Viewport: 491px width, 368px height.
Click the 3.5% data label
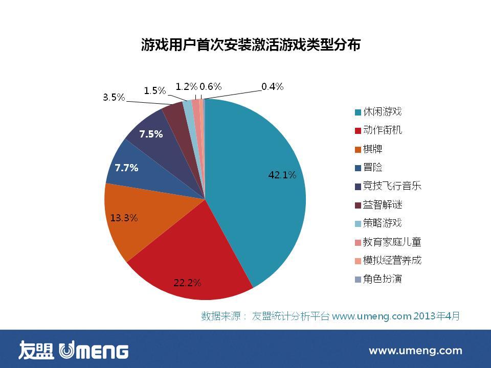(114, 97)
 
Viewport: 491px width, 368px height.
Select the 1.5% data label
(154, 91)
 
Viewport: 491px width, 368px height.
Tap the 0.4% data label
(272, 87)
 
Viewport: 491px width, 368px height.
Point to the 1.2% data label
(186, 87)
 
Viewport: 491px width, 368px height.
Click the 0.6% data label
(210, 87)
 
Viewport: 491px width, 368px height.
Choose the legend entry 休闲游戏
(382, 112)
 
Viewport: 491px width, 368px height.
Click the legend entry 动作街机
(382, 130)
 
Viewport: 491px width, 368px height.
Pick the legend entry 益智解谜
(382, 205)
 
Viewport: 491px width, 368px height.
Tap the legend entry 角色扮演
(382, 279)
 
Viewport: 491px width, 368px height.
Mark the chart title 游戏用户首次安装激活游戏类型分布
(251, 45)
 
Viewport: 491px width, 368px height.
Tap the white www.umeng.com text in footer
(415, 351)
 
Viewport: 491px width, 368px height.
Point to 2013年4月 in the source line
(436, 316)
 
